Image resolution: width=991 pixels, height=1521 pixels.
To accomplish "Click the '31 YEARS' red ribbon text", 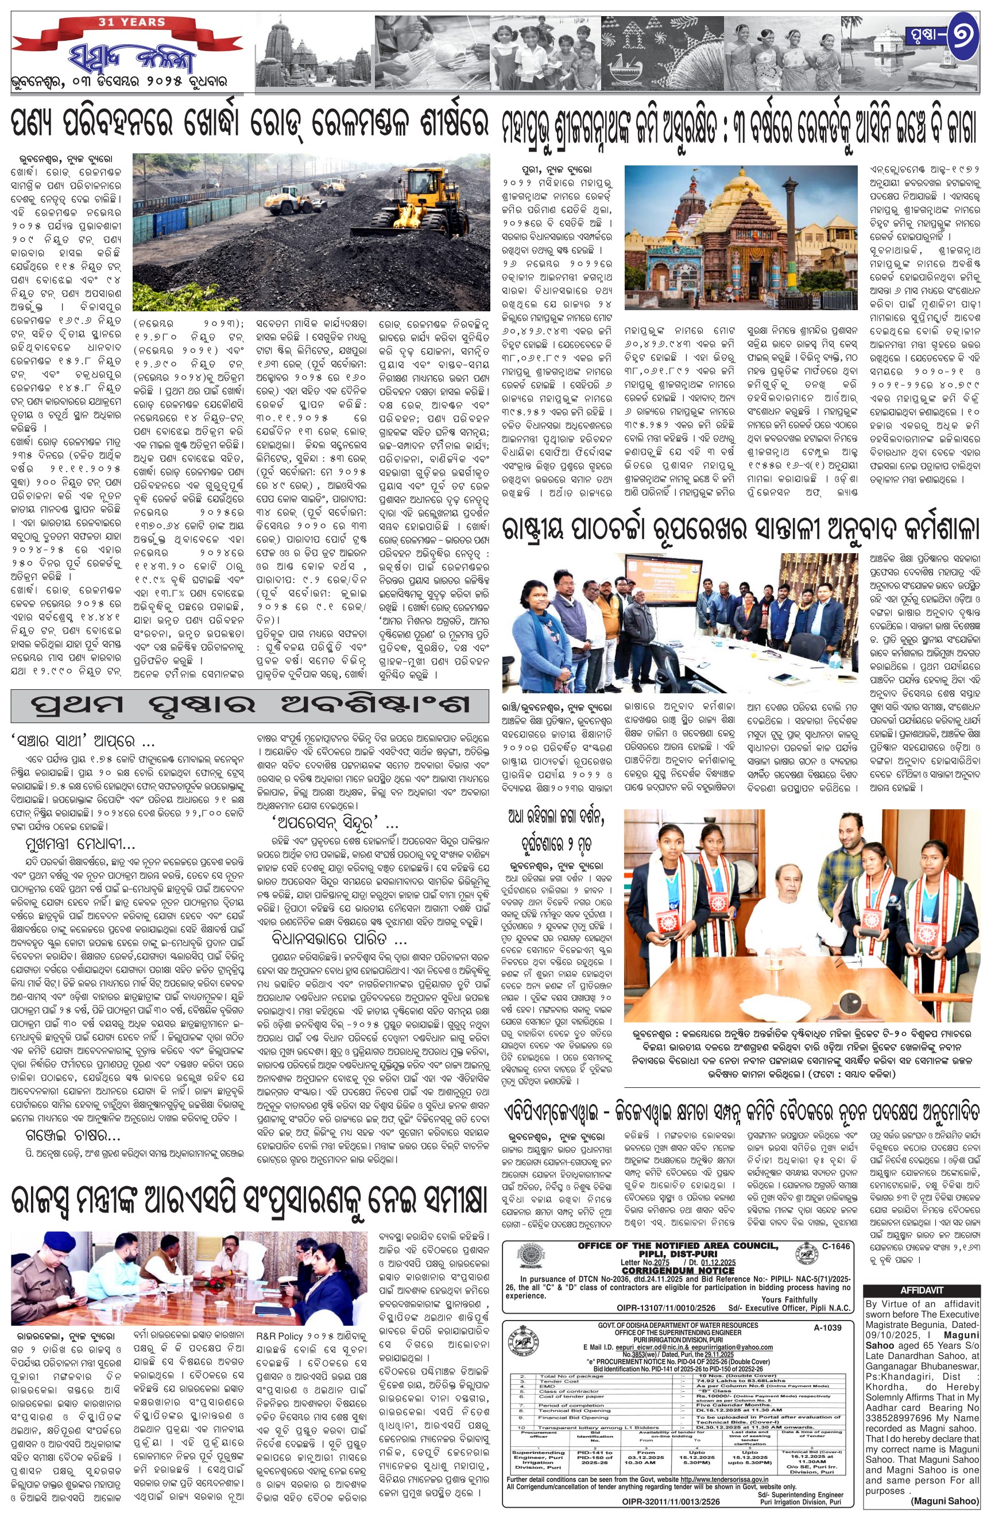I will click(131, 22).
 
